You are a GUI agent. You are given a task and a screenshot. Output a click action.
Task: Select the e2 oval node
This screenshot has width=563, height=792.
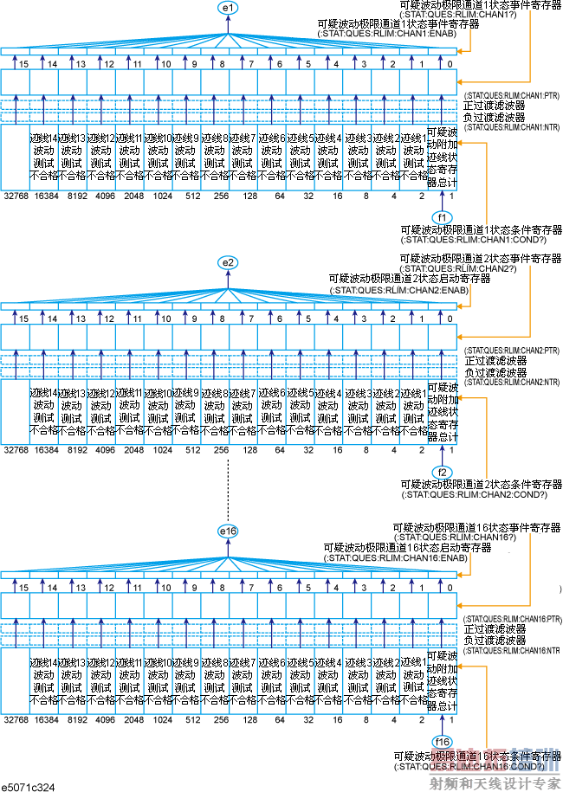pos(228,261)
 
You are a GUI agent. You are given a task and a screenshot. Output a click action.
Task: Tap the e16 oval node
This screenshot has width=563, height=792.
pos(228,530)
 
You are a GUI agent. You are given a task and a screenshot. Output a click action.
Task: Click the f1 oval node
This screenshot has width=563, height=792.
pos(443,216)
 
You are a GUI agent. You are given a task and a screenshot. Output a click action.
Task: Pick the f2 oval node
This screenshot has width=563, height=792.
pos(443,472)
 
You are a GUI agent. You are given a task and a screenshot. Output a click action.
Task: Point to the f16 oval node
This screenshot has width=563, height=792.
pos(443,742)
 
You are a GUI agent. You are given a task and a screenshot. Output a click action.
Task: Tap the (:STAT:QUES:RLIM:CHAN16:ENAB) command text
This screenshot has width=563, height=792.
pos(397,558)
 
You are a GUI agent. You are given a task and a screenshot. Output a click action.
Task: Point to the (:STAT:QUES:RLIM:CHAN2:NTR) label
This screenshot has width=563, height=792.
pos(511,382)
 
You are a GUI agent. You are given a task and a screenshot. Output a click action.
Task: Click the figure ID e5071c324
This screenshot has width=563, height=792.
pos(29,784)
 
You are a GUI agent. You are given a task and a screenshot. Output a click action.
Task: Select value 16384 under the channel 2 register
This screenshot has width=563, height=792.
pos(47,450)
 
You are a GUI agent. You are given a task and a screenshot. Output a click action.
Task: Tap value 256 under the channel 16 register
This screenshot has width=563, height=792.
pos(222,719)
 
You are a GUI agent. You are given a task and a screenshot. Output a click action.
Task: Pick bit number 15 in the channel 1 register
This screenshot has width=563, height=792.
pos(24,64)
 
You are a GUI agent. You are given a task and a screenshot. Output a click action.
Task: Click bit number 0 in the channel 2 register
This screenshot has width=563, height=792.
pos(450,319)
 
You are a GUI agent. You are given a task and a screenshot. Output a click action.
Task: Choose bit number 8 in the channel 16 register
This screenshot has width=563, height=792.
pos(223,589)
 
